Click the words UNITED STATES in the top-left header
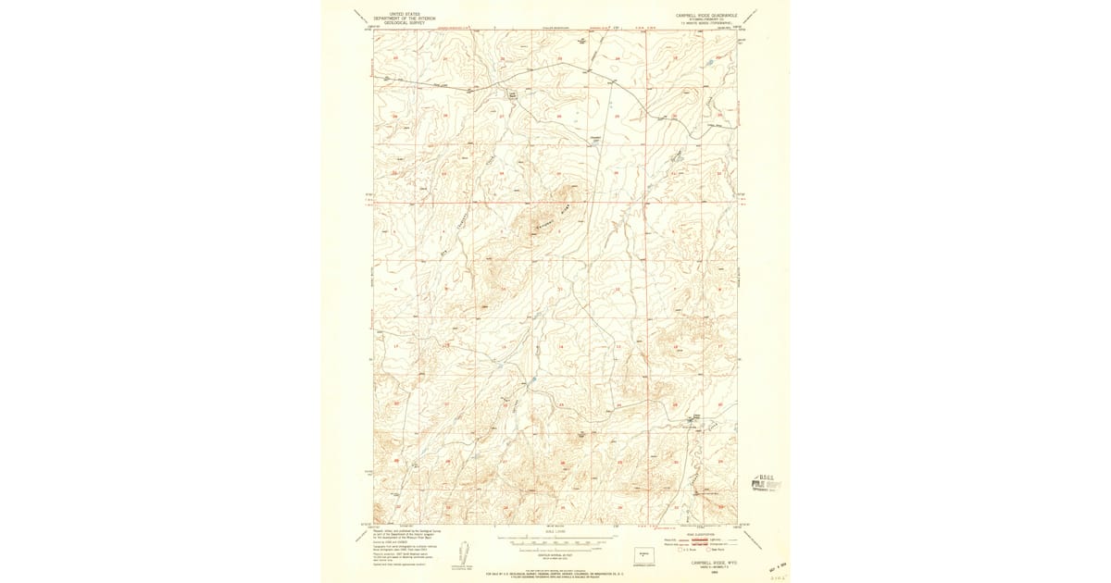[403, 14]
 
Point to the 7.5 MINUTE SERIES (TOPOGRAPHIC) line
[707, 25]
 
